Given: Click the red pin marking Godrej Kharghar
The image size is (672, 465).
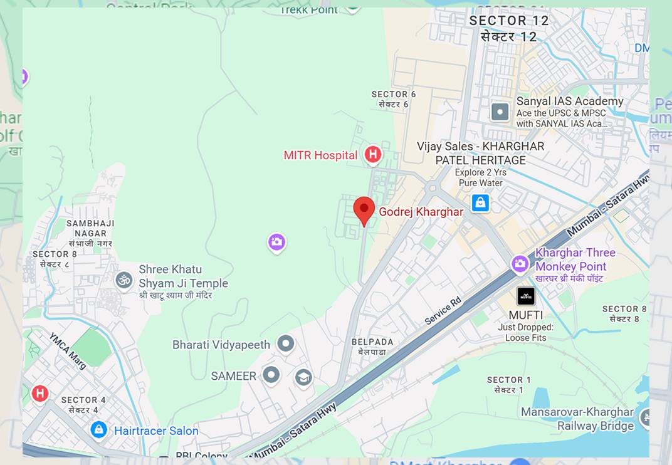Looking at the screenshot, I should [x=364, y=209].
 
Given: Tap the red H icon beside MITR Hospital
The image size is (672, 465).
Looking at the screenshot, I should [x=373, y=154].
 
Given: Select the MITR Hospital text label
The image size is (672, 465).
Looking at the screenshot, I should [x=320, y=155].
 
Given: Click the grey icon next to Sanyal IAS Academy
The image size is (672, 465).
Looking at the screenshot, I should [x=500, y=112].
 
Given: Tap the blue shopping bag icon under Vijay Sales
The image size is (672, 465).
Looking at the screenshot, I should [x=480, y=203].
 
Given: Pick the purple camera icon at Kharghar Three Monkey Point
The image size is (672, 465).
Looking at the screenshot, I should [x=520, y=264].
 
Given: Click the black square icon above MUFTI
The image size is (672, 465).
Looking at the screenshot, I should [x=526, y=296].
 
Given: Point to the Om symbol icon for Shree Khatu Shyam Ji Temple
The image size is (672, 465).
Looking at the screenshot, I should [x=124, y=280].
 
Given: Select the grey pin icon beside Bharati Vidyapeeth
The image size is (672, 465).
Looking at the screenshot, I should [x=286, y=343].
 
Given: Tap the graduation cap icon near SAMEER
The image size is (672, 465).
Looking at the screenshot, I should [x=303, y=378].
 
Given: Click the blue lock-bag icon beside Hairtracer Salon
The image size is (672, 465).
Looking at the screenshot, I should [x=98, y=430].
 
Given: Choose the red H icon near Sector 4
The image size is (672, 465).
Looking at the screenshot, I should [x=40, y=394].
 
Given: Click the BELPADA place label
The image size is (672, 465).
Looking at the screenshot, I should [x=372, y=347].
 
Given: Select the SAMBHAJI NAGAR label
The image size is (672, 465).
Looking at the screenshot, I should [x=90, y=228].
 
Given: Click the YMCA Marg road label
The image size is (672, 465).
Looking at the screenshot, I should [x=67, y=351].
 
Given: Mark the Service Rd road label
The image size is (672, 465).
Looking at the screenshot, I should [x=443, y=310].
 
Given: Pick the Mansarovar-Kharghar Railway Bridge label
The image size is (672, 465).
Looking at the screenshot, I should [x=577, y=419].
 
